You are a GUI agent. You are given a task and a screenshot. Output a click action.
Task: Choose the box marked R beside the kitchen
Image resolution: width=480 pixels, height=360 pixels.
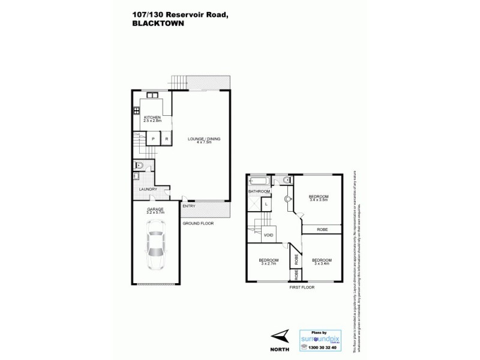point(166,139)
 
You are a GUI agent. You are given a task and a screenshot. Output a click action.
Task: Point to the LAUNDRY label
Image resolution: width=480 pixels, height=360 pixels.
point(148,190)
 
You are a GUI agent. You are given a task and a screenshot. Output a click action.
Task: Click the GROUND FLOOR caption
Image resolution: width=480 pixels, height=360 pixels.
point(198,223)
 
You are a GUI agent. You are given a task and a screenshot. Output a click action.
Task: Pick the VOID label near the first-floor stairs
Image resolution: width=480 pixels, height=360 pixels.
point(268,235)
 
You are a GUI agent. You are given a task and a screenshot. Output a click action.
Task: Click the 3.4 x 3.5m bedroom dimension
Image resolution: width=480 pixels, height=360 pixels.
point(318,200)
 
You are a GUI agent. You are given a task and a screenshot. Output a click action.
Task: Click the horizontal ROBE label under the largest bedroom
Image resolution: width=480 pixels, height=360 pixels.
point(322,229)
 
